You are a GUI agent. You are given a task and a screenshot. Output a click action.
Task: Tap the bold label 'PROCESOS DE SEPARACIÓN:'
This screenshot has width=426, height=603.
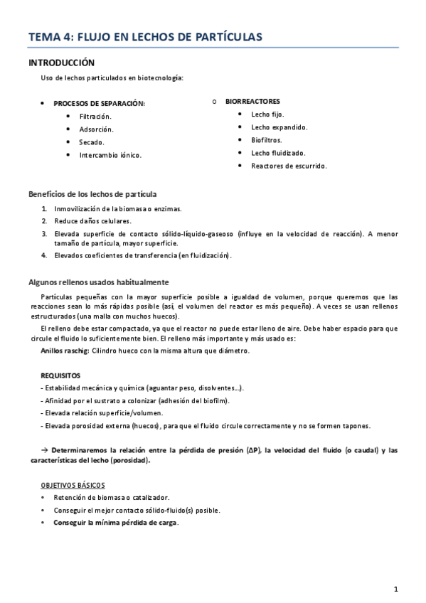coord(99,103)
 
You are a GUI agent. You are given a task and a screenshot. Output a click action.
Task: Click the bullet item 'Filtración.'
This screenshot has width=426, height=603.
coord(96,116)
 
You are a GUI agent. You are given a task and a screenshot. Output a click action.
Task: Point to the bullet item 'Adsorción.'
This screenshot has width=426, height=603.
coord(97,129)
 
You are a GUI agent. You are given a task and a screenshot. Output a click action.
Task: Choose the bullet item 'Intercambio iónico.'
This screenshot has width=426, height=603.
coord(110,154)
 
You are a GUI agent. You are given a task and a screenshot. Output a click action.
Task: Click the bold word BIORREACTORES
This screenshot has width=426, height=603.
coord(252,102)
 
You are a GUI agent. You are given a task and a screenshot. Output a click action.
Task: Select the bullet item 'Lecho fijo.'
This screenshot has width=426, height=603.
coord(267,114)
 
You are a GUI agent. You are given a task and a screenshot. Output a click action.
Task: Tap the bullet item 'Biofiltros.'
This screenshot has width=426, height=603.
coord(267,140)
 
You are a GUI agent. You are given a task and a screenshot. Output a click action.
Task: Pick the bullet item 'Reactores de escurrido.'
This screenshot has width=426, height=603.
coord(289,166)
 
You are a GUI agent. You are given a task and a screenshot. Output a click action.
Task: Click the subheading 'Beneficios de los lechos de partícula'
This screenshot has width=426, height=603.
coord(92,194)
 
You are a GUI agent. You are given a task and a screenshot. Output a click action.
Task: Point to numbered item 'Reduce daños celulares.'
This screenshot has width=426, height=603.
coord(90,221)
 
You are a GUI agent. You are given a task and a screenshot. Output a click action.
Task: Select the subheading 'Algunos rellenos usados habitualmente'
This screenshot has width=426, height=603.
coord(98,282)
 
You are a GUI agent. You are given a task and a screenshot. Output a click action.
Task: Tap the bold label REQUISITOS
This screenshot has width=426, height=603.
coord(61,375)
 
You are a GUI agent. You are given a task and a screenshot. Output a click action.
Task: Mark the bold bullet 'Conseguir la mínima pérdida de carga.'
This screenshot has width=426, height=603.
coord(116,523)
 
